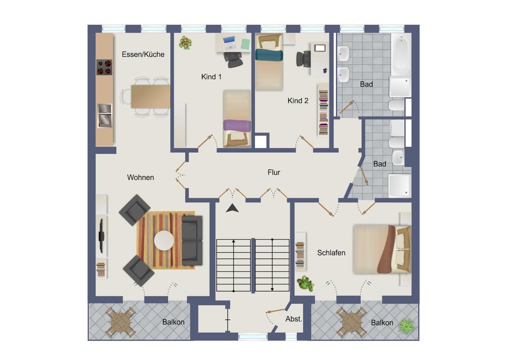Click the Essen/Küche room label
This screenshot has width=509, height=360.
(x=143, y=54)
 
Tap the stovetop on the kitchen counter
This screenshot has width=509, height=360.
(x=104, y=67)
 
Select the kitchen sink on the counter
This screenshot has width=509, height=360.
(x=105, y=116)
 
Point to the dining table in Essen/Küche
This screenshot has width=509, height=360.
(x=151, y=96)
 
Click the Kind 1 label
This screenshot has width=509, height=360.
(x=211, y=77)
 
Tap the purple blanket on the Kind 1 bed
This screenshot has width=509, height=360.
(x=237, y=125)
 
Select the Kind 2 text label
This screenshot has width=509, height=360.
(x=298, y=101)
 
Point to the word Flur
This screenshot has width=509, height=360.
(x=274, y=172)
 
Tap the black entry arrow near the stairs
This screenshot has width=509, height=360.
(x=232, y=208)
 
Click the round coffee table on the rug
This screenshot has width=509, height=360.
(x=164, y=241)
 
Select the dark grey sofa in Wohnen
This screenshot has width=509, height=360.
(x=192, y=241)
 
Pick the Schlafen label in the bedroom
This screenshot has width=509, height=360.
(x=331, y=253)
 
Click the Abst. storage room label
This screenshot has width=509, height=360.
(x=294, y=319)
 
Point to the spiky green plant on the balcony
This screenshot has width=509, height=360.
(x=407, y=327)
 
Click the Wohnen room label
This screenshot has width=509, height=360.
(x=141, y=177)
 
